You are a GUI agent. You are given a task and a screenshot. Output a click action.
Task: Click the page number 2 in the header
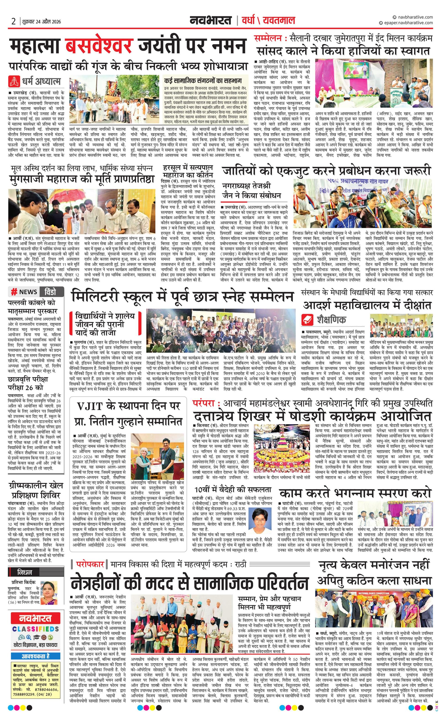pos(13,21)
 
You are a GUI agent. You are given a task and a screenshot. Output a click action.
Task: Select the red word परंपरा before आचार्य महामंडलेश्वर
pos(204,403)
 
